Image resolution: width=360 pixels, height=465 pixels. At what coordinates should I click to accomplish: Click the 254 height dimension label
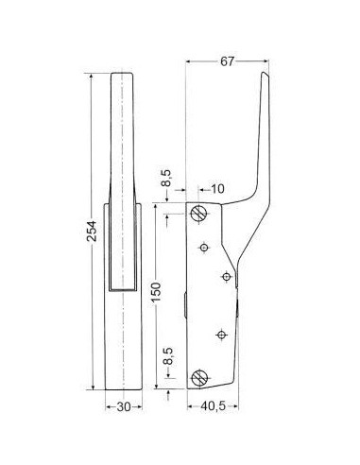coord(92,231)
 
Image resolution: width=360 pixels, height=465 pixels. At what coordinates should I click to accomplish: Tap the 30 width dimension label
coord(124,407)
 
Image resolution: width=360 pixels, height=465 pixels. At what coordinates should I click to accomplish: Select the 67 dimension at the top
coord(227,61)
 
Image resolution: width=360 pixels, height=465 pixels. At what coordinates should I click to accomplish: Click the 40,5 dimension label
coord(214,406)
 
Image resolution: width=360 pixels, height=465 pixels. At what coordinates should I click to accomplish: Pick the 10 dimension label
coord(217,189)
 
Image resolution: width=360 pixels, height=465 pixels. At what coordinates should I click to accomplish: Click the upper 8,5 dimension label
coord(167,178)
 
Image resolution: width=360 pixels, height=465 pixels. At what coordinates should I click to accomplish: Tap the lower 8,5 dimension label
coord(169,356)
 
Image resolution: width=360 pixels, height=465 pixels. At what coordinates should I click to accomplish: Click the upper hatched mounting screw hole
coord(199,214)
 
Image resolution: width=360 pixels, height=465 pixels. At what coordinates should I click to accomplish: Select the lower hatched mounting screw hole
coord(199,377)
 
